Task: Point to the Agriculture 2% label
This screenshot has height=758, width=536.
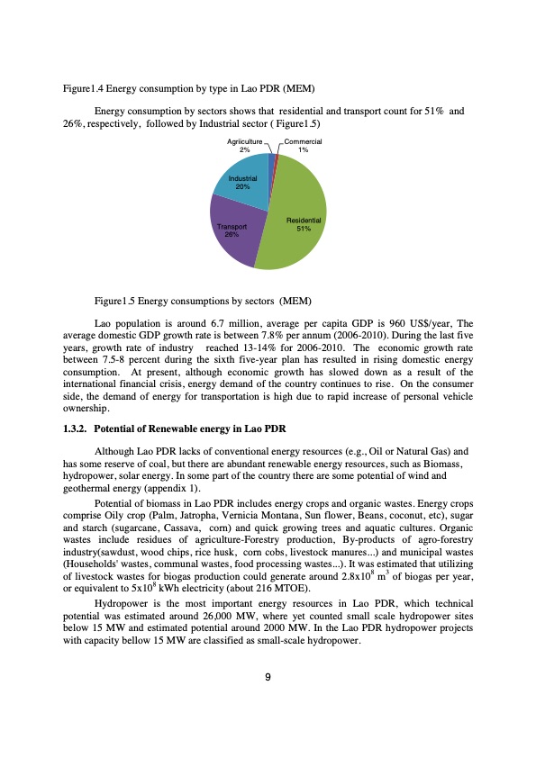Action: (x=244, y=146)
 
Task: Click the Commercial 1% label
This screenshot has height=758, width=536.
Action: (x=304, y=146)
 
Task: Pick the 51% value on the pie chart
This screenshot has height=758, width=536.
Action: (x=304, y=229)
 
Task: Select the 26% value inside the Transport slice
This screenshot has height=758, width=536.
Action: (x=232, y=234)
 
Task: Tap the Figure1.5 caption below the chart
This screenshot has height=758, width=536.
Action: (x=200, y=299)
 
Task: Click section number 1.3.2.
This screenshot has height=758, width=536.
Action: (x=74, y=426)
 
